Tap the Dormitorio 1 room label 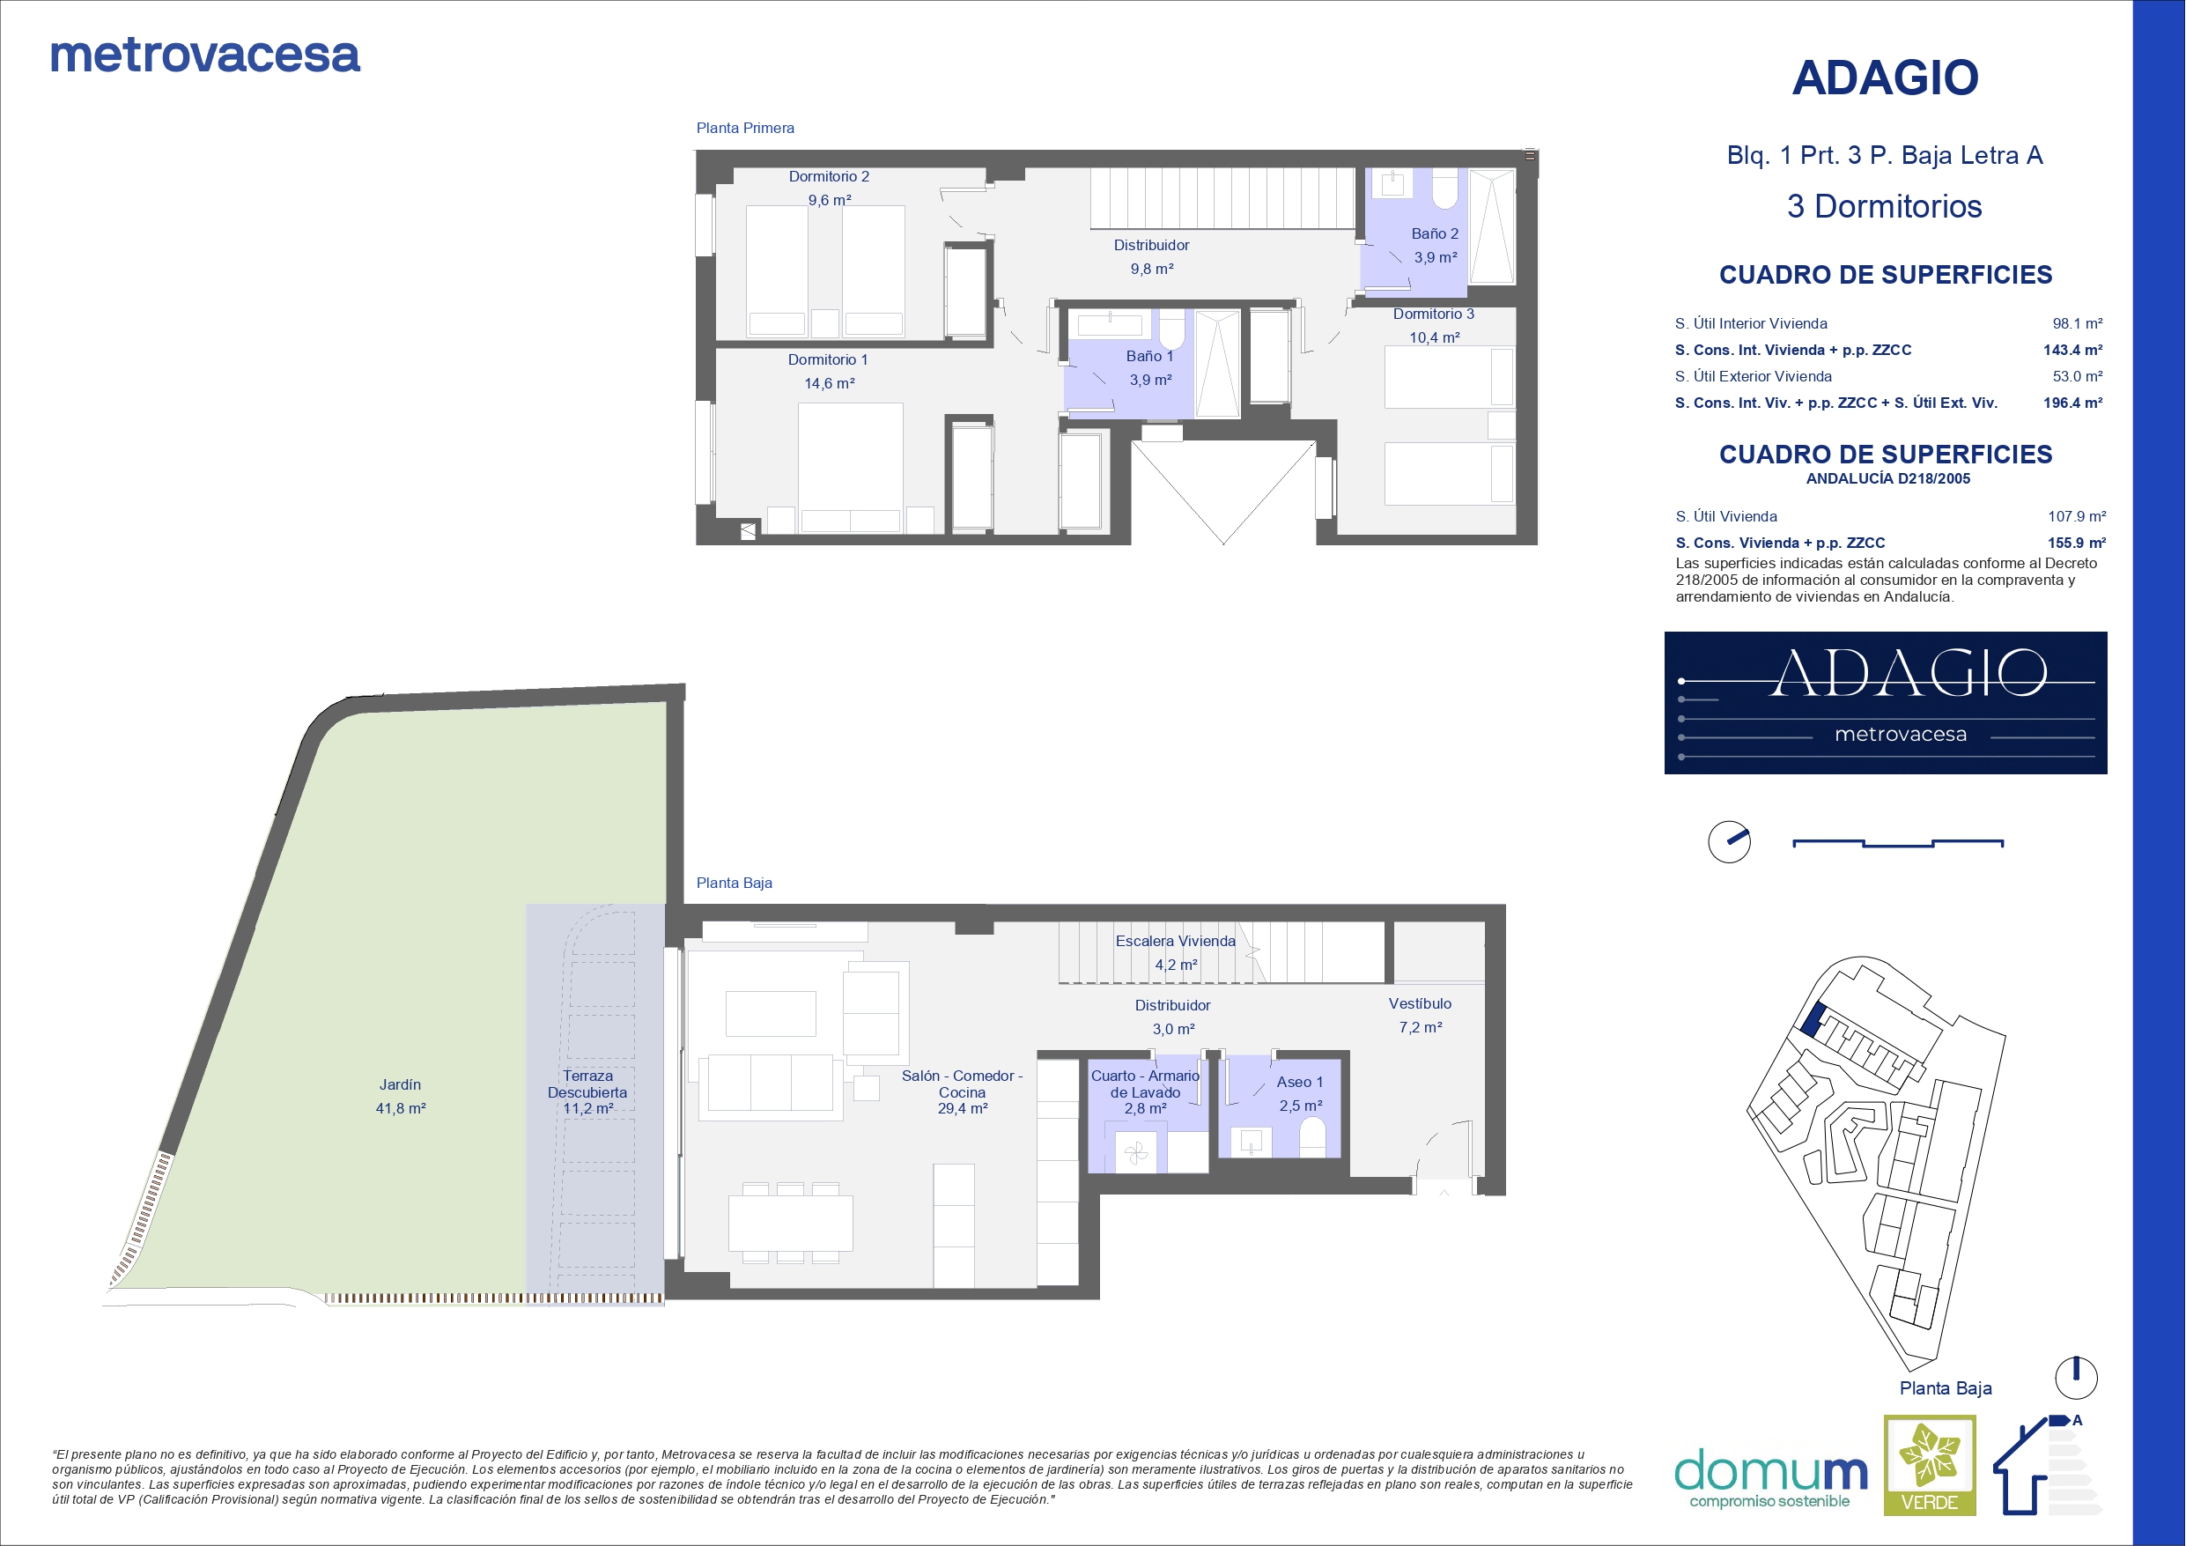tap(827, 360)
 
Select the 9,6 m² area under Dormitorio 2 tap(830, 200)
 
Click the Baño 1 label tap(1149, 356)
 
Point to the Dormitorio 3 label tap(1433, 314)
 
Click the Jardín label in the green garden tap(400, 1085)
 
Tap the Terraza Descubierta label tap(587, 1084)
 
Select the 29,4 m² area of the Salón tap(963, 1109)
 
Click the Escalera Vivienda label tap(1176, 941)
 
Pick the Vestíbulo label tap(1420, 1004)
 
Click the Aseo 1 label tap(1300, 1082)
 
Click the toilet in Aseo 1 tap(1312, 1137)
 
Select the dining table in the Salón tap(790, 1223)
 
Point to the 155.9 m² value tap(2077, 543)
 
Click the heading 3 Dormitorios tap(1884, 207)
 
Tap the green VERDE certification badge tap(1930, 1465)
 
